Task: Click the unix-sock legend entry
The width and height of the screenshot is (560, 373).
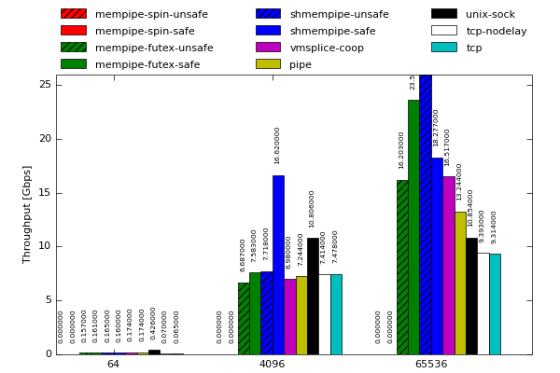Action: [x=490, y=14]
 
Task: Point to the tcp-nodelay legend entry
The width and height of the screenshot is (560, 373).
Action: [x=496, y=31]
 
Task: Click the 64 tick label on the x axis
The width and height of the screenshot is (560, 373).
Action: [x=113, y=364]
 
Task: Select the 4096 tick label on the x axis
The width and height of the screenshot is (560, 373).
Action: [x=272, y=364]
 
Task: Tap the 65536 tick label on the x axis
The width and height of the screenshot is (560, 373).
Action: [x=430, y=364]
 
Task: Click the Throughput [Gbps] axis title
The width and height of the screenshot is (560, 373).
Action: [x=27, y=214]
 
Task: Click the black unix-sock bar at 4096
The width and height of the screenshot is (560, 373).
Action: [x=313, y=296]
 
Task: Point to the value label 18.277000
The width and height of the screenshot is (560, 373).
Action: [x=436, y=128]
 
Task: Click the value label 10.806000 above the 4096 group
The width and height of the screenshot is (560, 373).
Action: [x=313, y=209]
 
